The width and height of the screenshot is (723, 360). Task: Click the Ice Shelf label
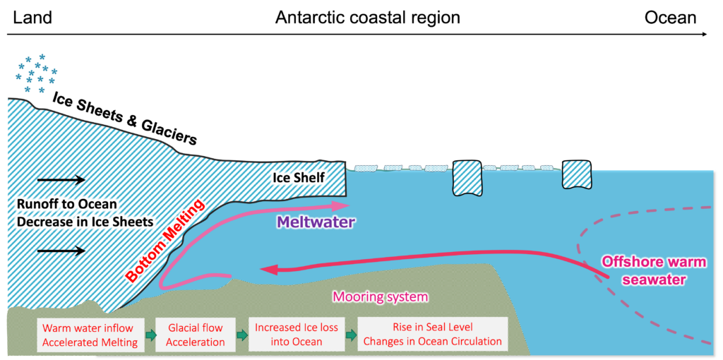299,177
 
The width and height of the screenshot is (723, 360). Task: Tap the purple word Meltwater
316,222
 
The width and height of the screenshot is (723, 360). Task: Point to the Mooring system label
380,296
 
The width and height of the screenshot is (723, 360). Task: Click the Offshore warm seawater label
653,270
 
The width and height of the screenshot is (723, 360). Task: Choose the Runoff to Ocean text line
66,205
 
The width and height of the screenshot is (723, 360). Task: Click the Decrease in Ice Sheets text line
85,222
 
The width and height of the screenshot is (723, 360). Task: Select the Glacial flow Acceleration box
196,335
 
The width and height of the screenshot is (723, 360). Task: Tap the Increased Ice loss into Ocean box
297,335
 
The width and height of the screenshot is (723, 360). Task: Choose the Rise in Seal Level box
432,335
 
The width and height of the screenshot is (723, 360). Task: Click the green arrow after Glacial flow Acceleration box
241,335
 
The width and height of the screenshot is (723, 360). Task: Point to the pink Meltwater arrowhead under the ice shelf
342,205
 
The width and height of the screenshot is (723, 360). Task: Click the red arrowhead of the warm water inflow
266,269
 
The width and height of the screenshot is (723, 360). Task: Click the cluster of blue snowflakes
36,73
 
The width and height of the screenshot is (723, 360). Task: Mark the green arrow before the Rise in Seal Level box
351,335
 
